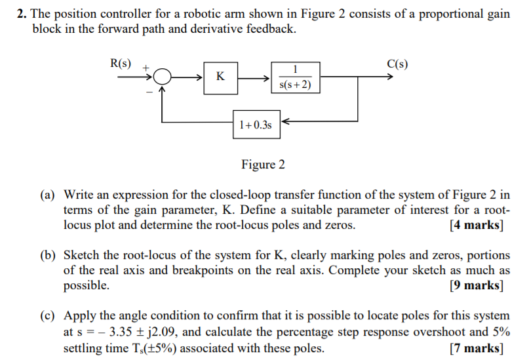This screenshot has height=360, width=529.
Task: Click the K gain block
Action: [220, 77]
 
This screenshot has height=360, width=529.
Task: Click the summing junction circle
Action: [163, 77]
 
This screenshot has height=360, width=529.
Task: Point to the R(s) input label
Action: [120, 64]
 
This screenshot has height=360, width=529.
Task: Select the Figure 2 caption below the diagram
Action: [263, 165]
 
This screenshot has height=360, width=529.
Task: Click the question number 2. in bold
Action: [22, 14]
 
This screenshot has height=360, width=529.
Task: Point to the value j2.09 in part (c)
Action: [159, 331]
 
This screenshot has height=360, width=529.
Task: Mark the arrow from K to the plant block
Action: [252, 77]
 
